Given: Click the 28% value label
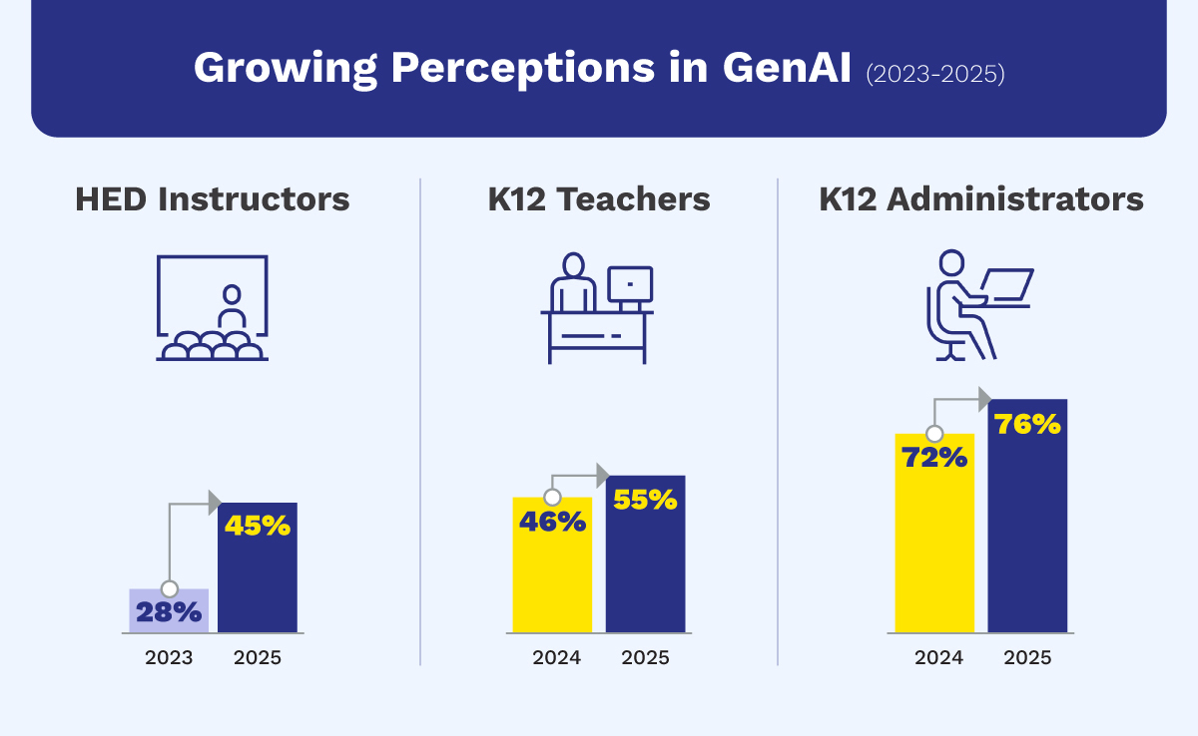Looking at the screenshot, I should click(169, 612).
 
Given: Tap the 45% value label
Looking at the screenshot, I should click(257, 526).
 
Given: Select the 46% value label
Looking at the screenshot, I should click(552, 521).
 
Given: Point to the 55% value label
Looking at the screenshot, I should click(645, 499).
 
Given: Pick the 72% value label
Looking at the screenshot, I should click(934, 458).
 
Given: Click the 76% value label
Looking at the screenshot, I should click(1027, 424).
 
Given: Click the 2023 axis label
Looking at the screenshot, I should click(168, 658).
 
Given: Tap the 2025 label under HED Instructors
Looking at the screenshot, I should click(257, 658).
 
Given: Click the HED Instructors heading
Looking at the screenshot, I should click(213, 199).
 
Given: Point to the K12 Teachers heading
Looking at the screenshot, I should click(599, 199).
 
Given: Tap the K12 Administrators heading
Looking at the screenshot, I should click(981, 199).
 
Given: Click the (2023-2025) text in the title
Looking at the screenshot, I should click(934, 74).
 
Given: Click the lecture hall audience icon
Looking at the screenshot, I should click(212, 345).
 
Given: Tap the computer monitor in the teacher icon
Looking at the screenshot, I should click(630, 284).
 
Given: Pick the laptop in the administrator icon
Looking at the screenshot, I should click(1006, 284).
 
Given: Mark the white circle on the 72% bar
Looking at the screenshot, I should click(934, 434).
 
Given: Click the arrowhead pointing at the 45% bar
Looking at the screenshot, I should click(214, 503).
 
